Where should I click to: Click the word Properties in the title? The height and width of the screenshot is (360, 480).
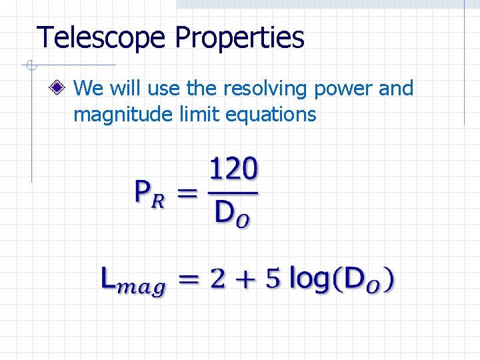(240, 38)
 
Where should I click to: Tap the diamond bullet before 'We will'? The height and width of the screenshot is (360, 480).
(61, 88)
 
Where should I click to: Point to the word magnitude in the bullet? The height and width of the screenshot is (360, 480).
(123, 115)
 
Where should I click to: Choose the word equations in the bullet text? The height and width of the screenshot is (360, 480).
(271, 115)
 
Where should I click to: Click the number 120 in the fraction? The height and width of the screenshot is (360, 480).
(233, 170)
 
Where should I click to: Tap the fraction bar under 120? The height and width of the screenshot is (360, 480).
(233, 193)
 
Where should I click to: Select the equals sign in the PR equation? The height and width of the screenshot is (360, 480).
(189, 194)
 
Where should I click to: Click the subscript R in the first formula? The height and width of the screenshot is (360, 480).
(157, 202)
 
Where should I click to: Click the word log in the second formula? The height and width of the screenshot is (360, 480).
(310, 279)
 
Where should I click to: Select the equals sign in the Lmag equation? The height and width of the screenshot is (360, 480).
(189, 279)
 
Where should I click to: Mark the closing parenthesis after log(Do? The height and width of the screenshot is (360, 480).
(389, 279)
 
